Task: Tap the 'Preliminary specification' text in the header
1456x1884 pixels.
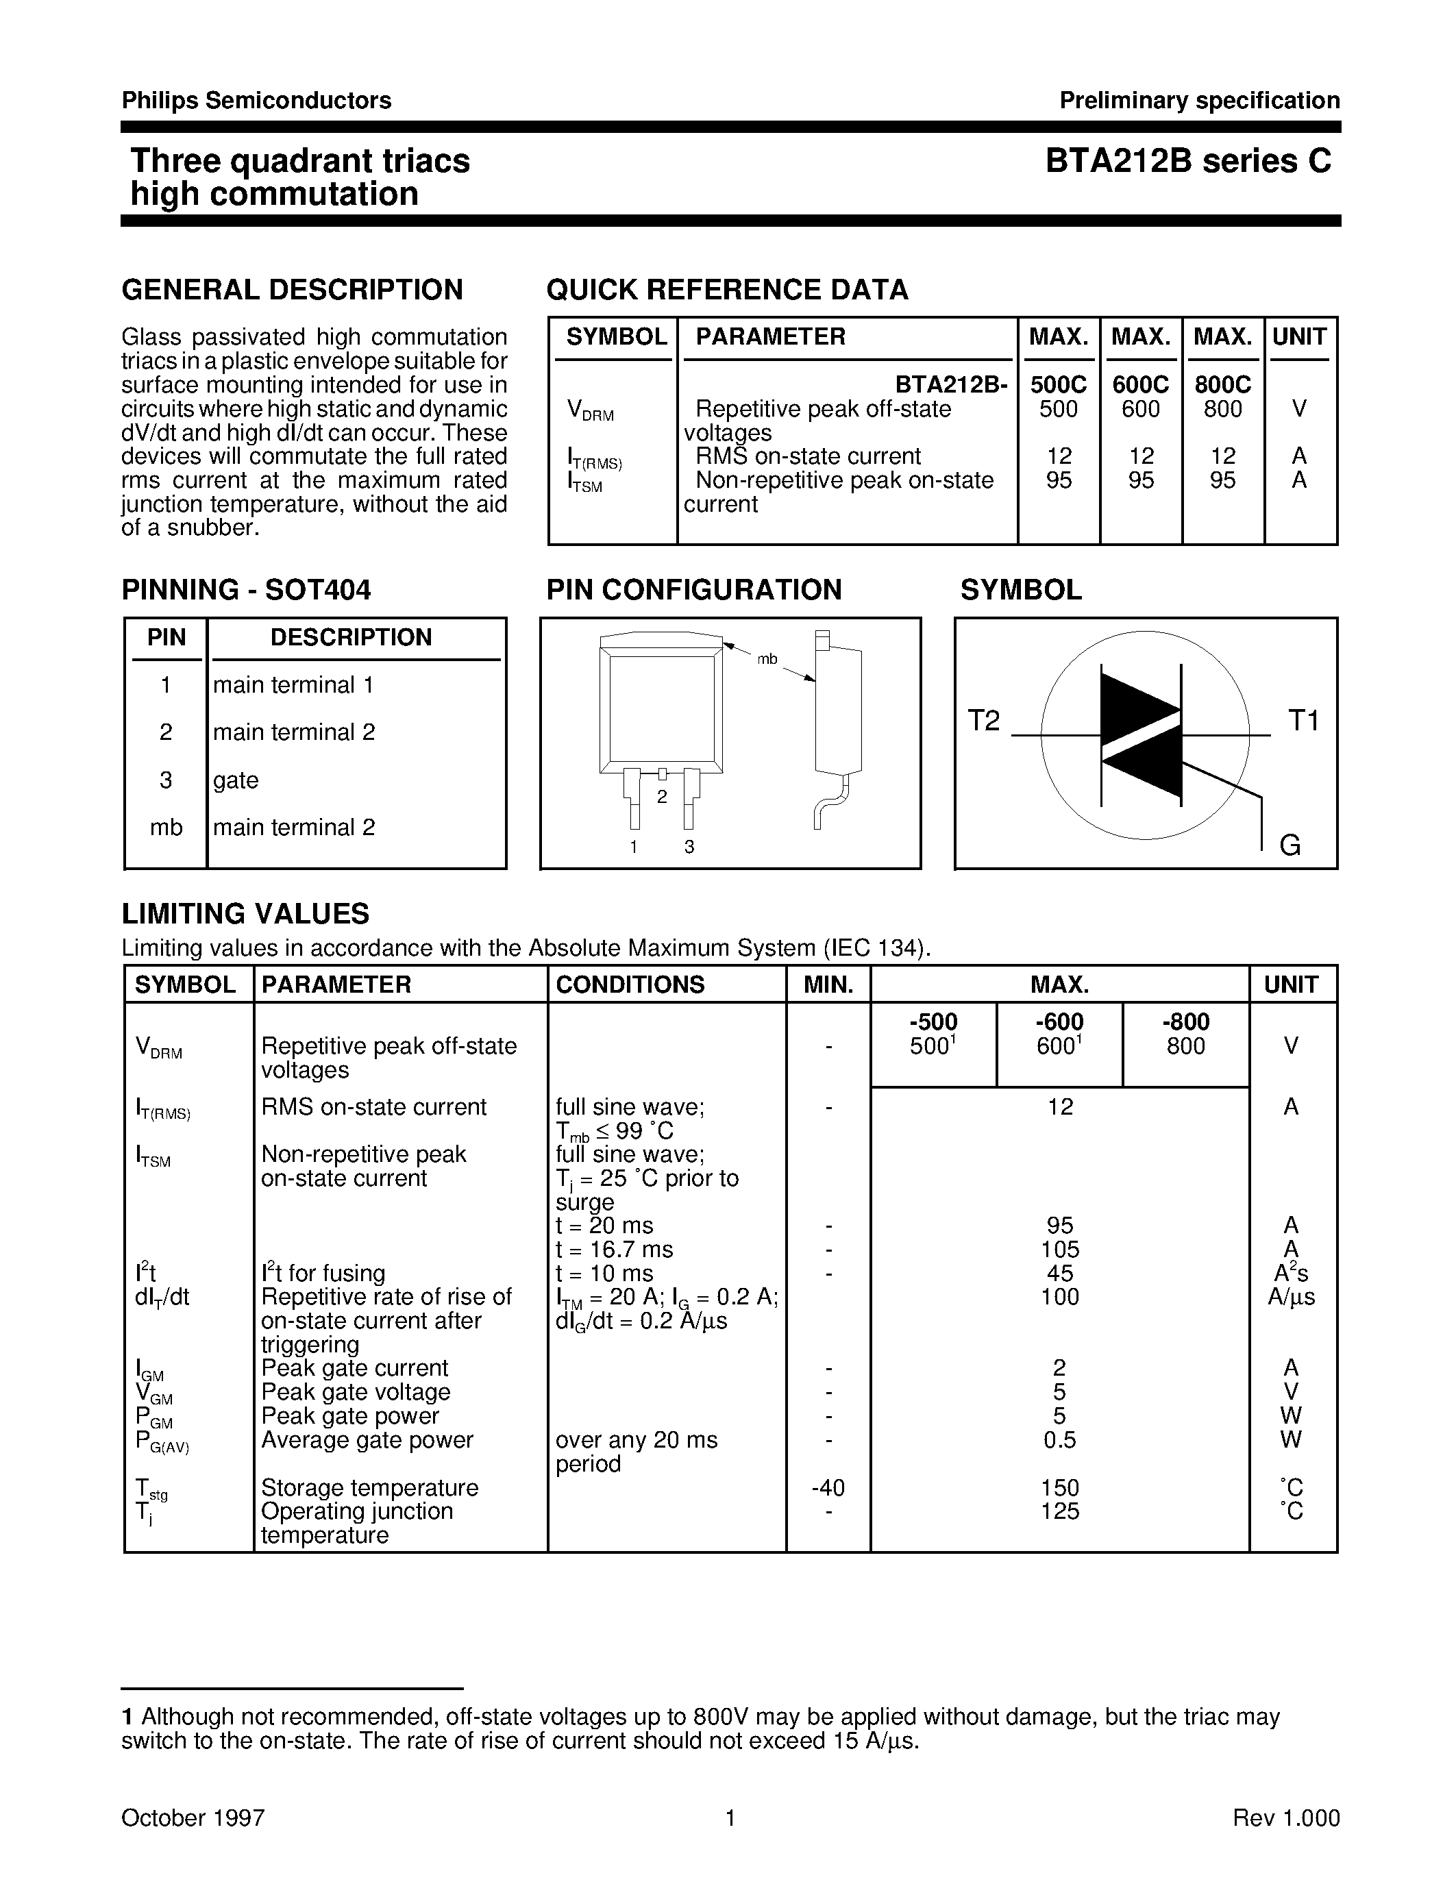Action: (x=1199, y=101)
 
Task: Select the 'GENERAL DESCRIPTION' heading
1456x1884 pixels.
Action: (x=293, y=290)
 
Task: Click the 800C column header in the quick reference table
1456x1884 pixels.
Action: (x=1222, y=385)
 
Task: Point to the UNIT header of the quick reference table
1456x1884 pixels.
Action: (x=1298, y=337)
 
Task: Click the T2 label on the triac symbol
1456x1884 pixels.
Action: (x=983, y=720)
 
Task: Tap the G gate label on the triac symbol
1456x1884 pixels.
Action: (x=1290, y=845)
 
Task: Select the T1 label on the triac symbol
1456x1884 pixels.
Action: (x=1303, y=720)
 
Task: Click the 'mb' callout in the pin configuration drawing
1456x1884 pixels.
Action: (x=767, y=659)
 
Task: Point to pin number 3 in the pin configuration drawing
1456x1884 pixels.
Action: (x=689, y=847)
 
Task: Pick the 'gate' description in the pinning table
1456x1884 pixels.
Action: (x=236, y=780)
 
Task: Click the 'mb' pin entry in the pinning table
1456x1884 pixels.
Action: (x=166, y=828)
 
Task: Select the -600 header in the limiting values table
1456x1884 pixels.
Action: (x=1059, y=1022)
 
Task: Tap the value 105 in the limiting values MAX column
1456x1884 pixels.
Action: (x=1059, y=1249)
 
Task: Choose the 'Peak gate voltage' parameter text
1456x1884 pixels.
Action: (x=356, y=1392)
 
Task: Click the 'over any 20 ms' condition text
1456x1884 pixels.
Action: (x=637, y=1440)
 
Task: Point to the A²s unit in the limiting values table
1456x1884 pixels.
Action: (x=1290, y=1274)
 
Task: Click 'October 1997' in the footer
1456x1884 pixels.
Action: (x=193, y=1818)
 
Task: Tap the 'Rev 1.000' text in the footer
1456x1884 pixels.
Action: (x=1286, y=1818)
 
